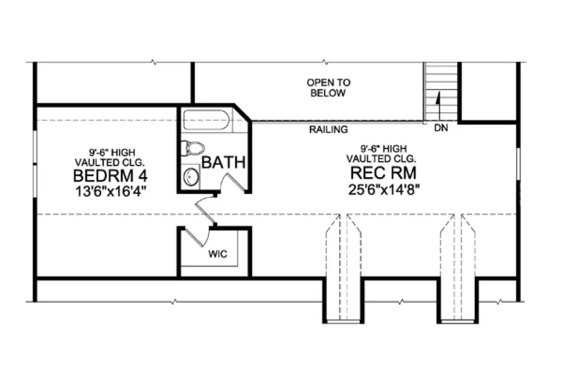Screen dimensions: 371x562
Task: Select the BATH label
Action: click(223, 163)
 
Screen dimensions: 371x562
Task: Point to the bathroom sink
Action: click(191, 177)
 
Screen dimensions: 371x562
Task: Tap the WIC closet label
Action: click(217, 253)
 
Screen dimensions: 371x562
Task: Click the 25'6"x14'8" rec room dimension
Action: click(383, 189)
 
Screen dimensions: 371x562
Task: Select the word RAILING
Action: click(329, 130)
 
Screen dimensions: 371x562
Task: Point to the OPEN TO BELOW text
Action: click(328, 88)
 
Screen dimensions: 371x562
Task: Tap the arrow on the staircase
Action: click(438, 101)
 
